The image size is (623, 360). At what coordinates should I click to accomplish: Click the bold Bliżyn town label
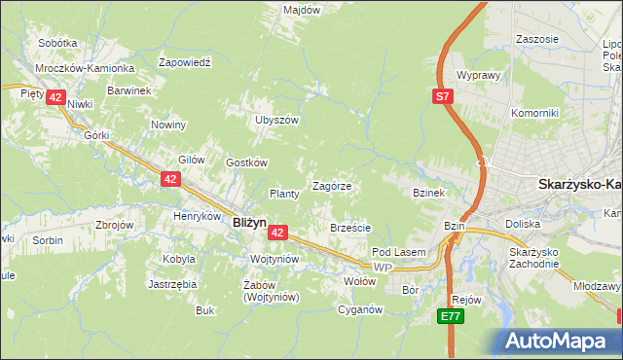pos(250,222)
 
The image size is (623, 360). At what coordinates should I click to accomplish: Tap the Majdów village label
pos(302,9)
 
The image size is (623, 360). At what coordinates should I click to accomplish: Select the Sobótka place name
pos(57,43)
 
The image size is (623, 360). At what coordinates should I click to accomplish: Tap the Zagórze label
pos(331,185)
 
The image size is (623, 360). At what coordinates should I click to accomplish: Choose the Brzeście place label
pos(350,228)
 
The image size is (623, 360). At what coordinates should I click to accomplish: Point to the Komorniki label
pos(535,113)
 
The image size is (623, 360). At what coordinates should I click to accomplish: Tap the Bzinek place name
pos(428,193)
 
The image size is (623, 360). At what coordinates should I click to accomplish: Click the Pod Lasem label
pos(399,252)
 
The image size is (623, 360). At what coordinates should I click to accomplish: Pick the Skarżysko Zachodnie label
pos(533,258)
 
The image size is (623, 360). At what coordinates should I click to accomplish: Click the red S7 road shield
pos(443,95)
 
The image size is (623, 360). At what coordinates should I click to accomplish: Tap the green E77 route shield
pos(449,316)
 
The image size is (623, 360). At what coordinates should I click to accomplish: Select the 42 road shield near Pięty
pos(55,97)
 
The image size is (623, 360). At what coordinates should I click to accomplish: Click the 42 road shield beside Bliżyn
pos(277,233)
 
